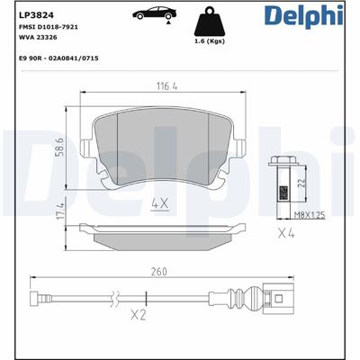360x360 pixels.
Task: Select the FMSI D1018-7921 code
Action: pos(49,27)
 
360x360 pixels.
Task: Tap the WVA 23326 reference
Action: pos(38,38)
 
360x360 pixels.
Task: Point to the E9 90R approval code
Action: pos(58,58)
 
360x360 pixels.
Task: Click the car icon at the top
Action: pos(155,13)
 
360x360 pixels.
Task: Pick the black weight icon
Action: pos(210,22)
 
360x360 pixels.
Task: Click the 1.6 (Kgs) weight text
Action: pos(210,41)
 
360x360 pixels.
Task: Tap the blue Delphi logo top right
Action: pos(303,15)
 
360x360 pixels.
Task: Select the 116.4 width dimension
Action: pos(167,86)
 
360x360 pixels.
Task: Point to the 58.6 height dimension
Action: pos(60,147)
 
